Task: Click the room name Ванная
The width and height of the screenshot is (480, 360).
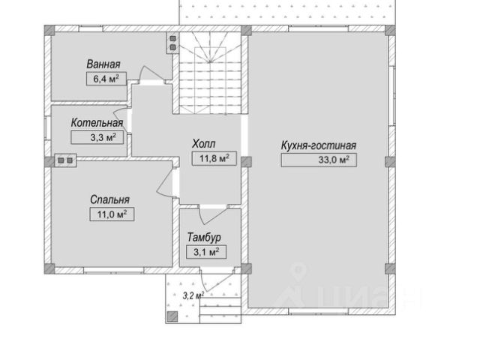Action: [103, 64]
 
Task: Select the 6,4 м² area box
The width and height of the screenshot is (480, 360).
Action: [106, 79]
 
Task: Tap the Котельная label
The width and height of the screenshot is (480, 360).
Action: [97, 123]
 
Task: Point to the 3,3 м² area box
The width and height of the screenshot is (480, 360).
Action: [97, 137]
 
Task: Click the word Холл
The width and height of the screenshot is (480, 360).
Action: [204, 143]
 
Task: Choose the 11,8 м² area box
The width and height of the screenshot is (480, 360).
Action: [214, 158]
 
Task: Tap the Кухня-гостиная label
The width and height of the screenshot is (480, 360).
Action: [319, 145]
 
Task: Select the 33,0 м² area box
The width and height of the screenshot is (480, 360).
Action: [319, 160]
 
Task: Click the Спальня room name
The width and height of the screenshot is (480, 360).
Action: [110, 200]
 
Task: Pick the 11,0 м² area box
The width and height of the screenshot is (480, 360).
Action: [112, 214]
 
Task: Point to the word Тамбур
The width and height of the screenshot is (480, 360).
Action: [204, 238]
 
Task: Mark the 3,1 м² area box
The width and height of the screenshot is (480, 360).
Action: [206, 252]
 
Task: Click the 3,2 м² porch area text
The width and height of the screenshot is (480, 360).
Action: [193, 295]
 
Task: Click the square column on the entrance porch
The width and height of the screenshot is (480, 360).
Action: [172, 316]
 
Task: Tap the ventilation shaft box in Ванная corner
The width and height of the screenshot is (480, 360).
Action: [172, 43]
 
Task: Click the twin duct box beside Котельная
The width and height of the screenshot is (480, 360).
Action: [65, 160]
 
